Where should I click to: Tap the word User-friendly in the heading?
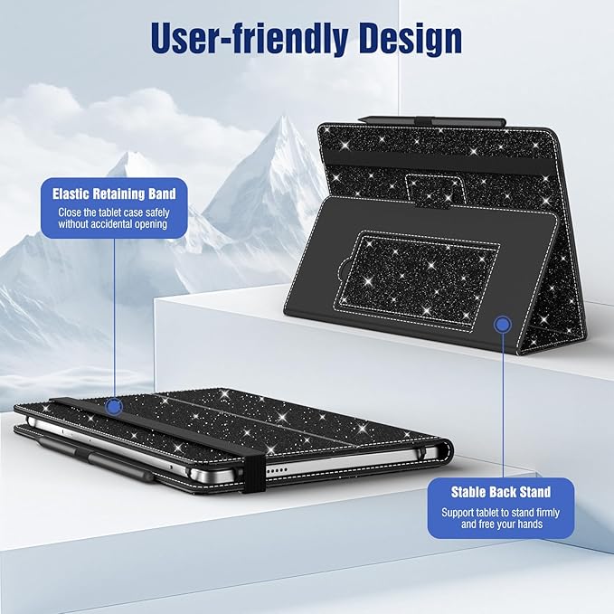coord(249,37)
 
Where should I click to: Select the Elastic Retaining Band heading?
coord(114,194)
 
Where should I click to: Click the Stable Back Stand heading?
coord(501,492)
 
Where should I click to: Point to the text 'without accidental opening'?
coord(113,224)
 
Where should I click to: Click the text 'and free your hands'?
coord(502,524)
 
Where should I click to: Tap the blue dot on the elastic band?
coord(114,407)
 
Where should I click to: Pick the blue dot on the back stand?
coord(503,325)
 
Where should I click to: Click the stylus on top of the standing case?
coord(431,120)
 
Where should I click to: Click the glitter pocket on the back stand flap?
coord(418,279)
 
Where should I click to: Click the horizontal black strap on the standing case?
coord(441,161)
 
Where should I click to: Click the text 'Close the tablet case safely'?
coord(114,213)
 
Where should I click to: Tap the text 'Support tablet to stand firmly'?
coord(500,512)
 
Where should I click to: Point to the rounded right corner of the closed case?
coord(446,449)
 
